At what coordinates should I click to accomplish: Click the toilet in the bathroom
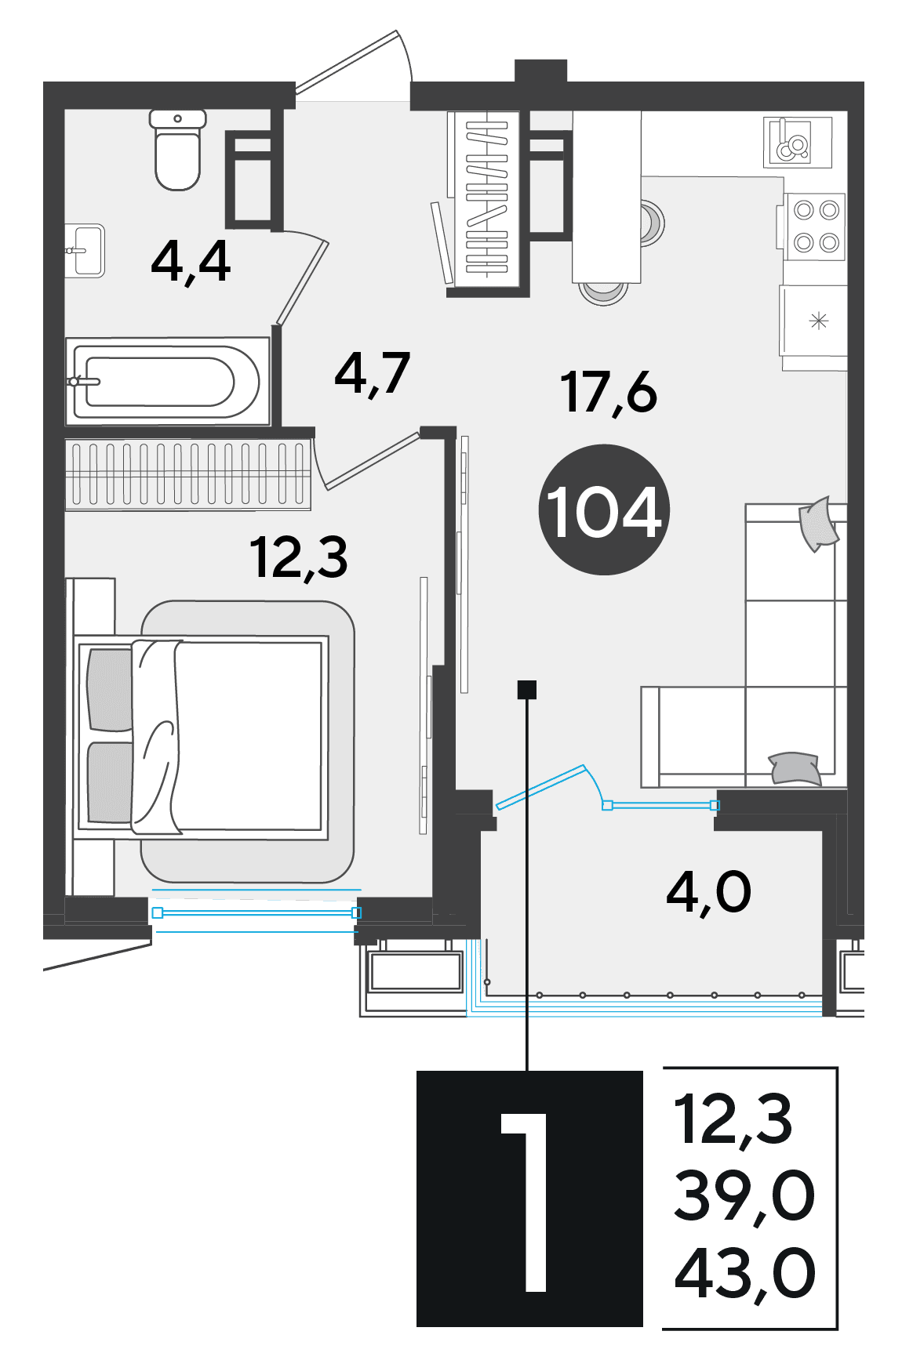click(178, 150)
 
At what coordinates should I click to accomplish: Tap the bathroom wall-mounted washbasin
click(85, 250)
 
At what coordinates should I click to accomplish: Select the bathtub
click(168, 382)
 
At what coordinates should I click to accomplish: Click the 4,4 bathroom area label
click(191, 262)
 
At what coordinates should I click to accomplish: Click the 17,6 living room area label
click(609, 392)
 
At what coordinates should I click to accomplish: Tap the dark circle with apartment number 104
click(604, 510)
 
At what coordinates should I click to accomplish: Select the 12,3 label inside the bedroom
click(299, 558)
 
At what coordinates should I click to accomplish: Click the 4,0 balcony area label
click(709, 892)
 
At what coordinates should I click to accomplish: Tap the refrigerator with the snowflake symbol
click(813, 321)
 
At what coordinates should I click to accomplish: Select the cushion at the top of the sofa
click(818, 524)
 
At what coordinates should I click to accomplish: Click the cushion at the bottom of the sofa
click(795, 768)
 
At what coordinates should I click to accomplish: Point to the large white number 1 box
click(529, 1199)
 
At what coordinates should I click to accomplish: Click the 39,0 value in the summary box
click(744, 1196)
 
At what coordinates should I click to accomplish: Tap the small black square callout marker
click(527, 690)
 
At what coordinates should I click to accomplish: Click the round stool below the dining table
click(603, 292)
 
